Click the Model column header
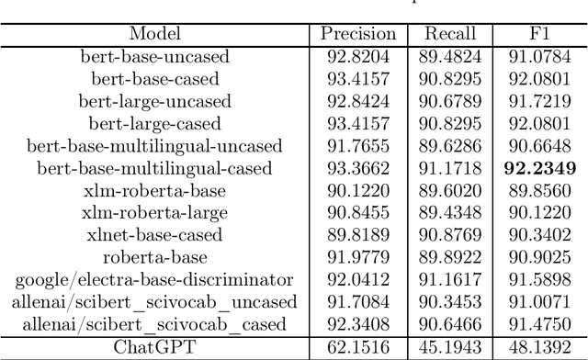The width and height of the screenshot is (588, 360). (155, 35)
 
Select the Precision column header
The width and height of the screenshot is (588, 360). (358, 35)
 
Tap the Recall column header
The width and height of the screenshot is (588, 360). (450, 35)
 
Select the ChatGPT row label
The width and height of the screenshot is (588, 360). (155, 346)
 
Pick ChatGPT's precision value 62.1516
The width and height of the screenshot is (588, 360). (358, 346)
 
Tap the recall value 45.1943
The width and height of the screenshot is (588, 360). (450, 346)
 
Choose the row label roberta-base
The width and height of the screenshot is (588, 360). (155, 257)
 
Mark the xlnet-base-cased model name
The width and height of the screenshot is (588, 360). (155, 235)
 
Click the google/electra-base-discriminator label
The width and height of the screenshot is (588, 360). (155, 279)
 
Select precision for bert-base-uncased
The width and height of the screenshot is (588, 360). (358, 57)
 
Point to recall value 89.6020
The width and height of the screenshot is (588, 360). (450, 190)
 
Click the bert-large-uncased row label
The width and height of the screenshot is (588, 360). (155, 101)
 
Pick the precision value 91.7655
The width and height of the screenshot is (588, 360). (358, 146)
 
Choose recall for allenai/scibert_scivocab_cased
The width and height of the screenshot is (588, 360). (450, 323)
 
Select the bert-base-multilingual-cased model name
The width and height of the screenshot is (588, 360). (155, 168)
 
